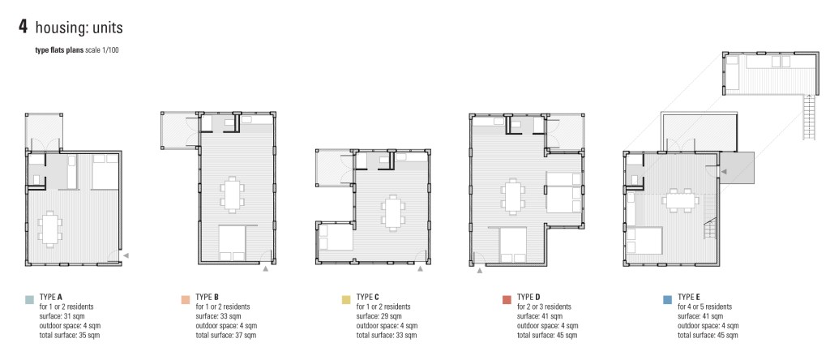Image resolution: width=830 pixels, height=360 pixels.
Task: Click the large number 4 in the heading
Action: (x=23, y=27)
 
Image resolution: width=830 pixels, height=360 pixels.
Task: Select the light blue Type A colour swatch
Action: (x=29, y=300)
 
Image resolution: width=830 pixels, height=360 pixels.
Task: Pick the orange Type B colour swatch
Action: (x=186, y=300)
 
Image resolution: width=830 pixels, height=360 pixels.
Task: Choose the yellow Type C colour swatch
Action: (x=346, y=300)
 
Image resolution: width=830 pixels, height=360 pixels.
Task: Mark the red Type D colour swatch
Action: (x=507, y=300)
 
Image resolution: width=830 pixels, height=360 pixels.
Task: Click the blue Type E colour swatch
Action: (x=668, y=300)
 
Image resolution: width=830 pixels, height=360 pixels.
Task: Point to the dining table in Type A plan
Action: (x=49, y=228)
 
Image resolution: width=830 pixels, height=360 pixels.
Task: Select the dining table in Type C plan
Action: (x=393, y=212)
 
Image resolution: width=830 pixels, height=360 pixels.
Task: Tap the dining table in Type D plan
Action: (x=512, y=196)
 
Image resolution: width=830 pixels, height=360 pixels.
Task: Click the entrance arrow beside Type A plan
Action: (x=126, y=255)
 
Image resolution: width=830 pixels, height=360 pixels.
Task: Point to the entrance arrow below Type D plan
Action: (x=480, y=271)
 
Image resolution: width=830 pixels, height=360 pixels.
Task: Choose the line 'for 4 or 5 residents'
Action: (x=705, y=306)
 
